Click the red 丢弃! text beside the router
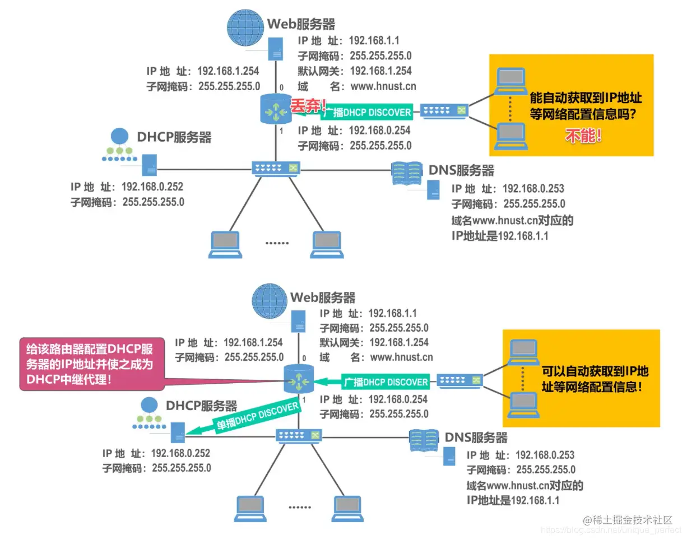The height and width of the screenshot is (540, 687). (308, 104)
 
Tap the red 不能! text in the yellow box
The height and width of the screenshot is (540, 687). (583, 136)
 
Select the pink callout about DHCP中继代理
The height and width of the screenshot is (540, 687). (92, 364)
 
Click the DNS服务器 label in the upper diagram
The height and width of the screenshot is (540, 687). (461, 170)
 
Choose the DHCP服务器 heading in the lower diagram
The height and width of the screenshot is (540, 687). (202, 406)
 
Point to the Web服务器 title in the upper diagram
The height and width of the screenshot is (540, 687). (301, 24)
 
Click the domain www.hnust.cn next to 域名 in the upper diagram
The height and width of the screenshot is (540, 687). (383, 86)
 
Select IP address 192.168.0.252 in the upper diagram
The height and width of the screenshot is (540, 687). (152, 187)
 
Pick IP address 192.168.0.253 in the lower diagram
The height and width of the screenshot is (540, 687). (545, 455)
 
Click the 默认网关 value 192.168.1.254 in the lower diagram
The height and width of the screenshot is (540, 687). (399, 342)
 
